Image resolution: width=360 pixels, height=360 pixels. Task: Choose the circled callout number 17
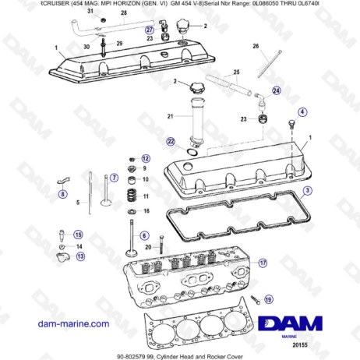point(263,263)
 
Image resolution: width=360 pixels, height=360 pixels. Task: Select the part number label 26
point(256,47)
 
